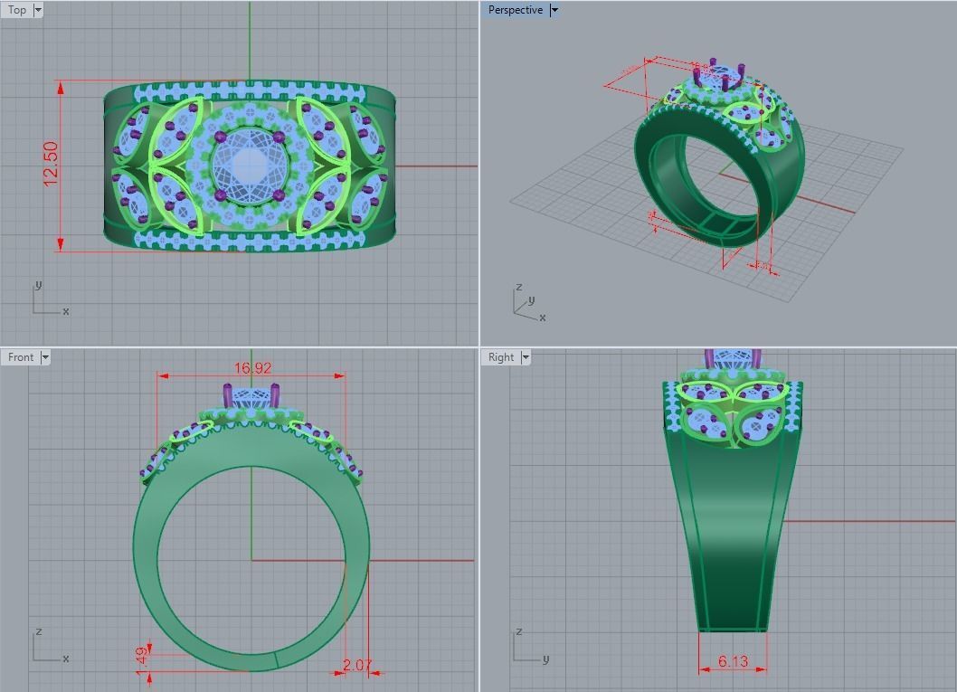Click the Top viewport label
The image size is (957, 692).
17,10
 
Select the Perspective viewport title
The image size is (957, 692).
515,10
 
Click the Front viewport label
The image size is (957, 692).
21,357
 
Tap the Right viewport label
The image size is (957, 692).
501,357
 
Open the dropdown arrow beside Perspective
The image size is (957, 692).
554,10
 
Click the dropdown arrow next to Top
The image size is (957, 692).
37,10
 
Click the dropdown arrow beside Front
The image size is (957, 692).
45,357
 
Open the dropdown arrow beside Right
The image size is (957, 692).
526,357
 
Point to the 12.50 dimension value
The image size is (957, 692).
51,164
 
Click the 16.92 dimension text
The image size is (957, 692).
252,368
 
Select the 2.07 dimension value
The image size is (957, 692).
357,665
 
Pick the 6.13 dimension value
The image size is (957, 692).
733,661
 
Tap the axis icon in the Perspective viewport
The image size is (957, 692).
526,303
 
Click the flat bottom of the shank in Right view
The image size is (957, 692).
733,629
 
